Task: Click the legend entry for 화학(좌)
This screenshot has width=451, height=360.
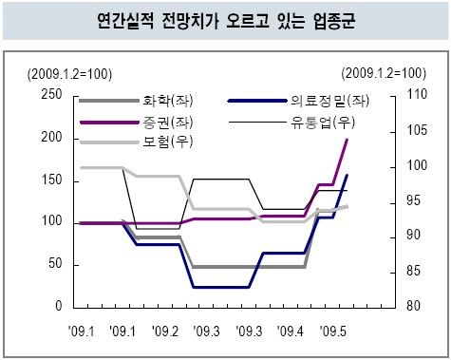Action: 136,101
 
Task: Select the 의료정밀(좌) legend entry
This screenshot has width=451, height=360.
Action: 298,101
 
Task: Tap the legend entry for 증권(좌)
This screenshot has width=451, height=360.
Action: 136,123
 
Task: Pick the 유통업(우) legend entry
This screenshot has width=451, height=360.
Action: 291,123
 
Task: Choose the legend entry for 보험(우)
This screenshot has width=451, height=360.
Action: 136,142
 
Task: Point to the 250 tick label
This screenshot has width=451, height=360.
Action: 51,94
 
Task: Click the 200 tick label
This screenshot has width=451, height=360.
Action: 51,137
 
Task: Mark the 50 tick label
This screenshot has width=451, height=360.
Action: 55,263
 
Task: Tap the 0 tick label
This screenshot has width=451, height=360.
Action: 59,306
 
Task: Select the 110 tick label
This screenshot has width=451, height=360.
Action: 416,94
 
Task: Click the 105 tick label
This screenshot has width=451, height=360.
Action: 416,130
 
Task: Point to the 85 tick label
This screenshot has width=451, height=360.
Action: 413,271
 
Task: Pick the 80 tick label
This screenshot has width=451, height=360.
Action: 413,306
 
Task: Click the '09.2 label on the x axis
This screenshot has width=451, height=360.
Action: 165,332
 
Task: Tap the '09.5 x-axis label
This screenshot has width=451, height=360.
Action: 333,332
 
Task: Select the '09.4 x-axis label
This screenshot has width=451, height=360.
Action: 290,332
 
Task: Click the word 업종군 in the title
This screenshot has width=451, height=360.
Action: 334,21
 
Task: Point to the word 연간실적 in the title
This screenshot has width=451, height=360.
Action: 125,21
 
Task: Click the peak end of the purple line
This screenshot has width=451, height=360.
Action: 347,140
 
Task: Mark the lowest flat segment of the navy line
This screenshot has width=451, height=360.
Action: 221,287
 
